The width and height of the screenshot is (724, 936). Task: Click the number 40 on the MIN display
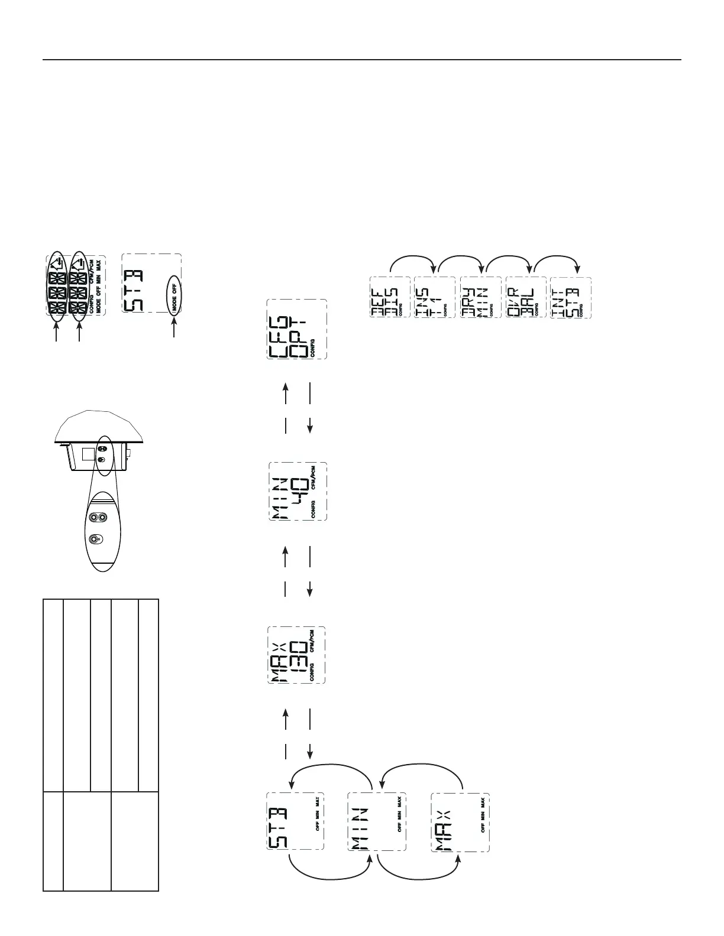click(x=299, y=491)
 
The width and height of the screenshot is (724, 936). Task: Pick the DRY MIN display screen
click(x=480, y=297)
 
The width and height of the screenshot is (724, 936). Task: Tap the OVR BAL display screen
click(x=525, y=297)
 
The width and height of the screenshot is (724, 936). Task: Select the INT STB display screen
click(x=570, y=297)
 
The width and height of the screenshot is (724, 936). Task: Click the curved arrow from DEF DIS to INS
click(x=413, y=261)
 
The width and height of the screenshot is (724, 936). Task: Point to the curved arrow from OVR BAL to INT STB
click(x=555, y=261)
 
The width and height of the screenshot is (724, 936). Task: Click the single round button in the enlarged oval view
click(x=94, y=539)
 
